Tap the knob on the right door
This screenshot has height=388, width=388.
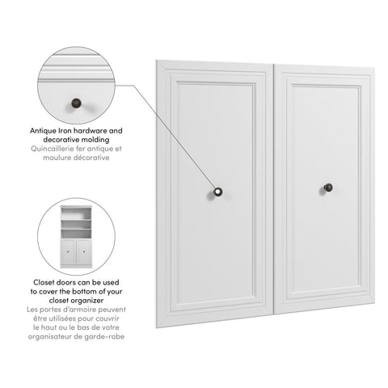[x=330, y=188]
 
